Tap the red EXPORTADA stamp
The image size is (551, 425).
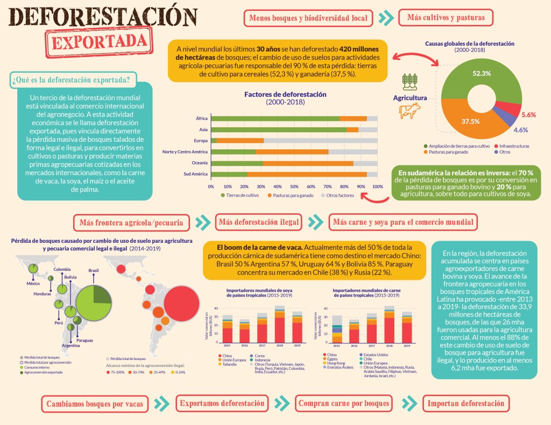[98, 41]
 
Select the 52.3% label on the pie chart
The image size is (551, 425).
[466, 73]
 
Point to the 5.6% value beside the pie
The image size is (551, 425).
[529, 115]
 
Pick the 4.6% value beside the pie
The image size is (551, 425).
[520, 130]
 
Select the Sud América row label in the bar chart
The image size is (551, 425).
[196, 174]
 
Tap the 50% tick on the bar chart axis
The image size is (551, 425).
[294, 186]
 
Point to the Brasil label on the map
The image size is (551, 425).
[94, 270]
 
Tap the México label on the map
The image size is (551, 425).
[33, 283]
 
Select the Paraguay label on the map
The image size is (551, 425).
[84, 341]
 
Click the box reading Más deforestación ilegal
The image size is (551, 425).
[258, 222]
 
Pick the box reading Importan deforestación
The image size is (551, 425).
[466, 403]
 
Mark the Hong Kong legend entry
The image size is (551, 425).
[335, 363]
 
